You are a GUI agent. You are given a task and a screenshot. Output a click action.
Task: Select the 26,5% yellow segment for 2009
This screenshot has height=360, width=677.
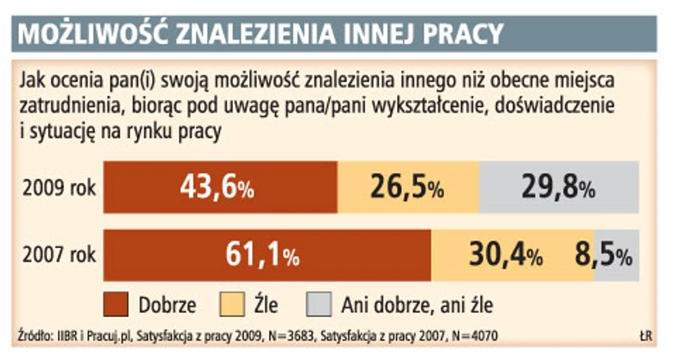tap(408, 187)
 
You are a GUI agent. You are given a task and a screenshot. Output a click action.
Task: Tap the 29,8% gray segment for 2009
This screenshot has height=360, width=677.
tap(559, 187)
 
